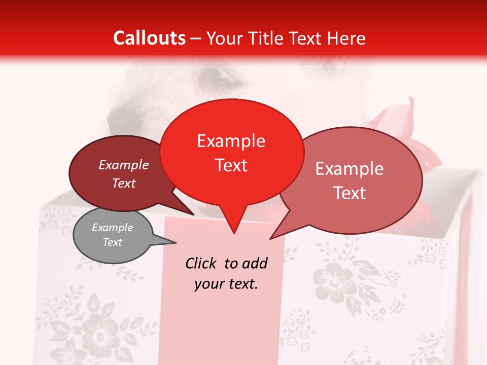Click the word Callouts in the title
(149, 38)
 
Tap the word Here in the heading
(346, 38)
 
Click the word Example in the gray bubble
(112, 228)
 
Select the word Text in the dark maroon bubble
(124, 184)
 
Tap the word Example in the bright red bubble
(231, 141)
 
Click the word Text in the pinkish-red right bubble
(350, 193)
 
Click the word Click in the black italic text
(201, 263)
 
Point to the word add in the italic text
(255, 263)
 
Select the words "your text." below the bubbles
(226, 284)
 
